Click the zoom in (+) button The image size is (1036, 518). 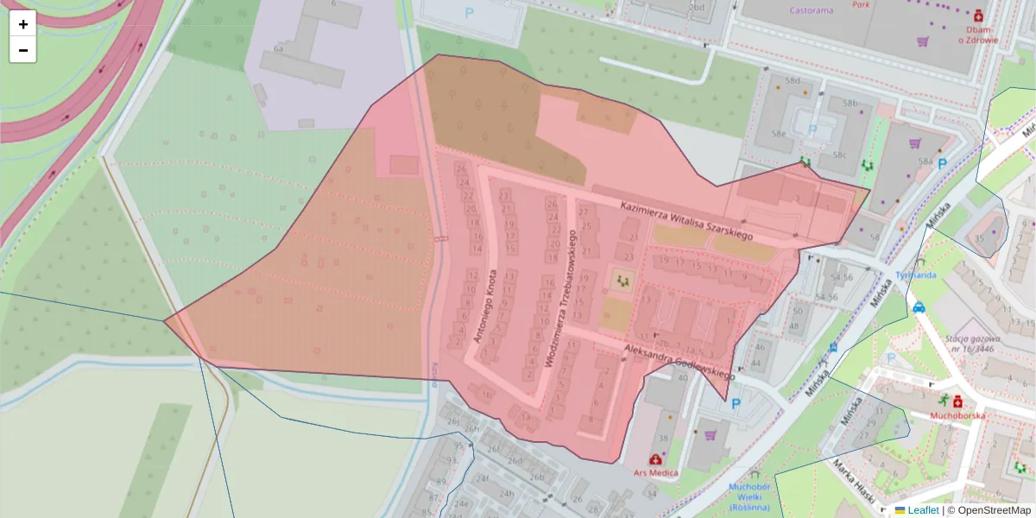pyautogui.click(x=23, y=24)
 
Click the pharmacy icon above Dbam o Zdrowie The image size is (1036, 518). pyautogui.click(x=978, y=16)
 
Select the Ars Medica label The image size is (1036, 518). pyautogui.click(x=655, y=472)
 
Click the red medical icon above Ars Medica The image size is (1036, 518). pyautogui.click(x=655, y=459)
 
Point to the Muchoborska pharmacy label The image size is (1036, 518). pyautogui.click(x=957, y=415)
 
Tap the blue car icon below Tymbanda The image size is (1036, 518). pyautogui.click(x=919, y=306)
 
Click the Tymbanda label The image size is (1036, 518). pyautogui.click(x=916, y=275)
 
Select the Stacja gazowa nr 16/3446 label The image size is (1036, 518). pyautogui.click(x=969, y=344)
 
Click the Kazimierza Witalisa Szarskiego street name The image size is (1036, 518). pyautogui.click(x=687, y=219)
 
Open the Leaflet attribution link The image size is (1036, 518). pyautogui.click(x=923, y=510)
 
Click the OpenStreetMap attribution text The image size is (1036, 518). pyautogui.click(x=989, y=510)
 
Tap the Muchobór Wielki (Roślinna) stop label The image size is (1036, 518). pyautogui.click(x=749, y=496)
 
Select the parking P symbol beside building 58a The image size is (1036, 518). pyautogui.click(x=942, y=162)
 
